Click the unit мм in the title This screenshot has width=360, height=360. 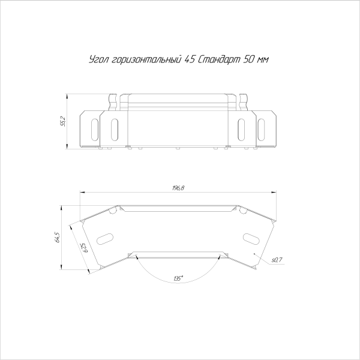tap(262, 61)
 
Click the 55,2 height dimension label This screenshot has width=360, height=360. tap(62, 121)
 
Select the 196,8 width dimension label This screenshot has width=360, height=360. tap(178, 188)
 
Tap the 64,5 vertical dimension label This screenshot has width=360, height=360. tap(56, 237)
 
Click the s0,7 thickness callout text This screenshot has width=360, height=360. tap(277, 260)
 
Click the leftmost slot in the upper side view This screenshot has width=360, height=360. tap(94, 129)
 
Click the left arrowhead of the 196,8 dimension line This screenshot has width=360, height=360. tap(82, 193)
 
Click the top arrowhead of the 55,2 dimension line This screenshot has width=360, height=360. tap(67, 96)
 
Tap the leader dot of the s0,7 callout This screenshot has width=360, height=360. tap(256, 254)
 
